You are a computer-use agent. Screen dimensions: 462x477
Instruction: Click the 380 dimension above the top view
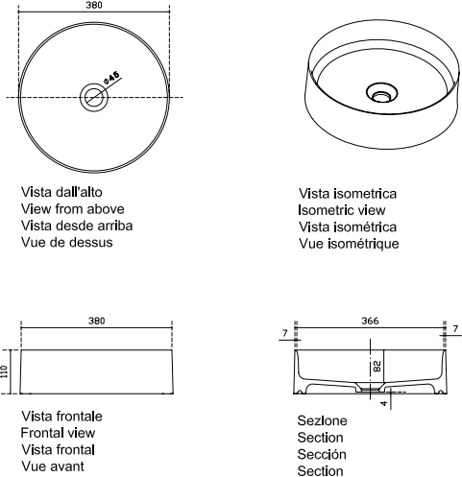point(94,5)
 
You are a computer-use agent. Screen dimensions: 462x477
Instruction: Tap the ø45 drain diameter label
point(111,77)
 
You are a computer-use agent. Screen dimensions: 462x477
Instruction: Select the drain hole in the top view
point(94,98)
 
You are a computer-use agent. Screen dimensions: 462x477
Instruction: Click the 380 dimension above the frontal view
point(96,321)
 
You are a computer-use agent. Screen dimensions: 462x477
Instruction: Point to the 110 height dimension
point(4,371)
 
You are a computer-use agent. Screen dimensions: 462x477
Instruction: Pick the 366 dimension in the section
point(370,321)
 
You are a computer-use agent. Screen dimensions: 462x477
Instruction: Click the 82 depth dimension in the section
point(377,366)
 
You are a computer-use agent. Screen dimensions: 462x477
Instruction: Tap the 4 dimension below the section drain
point(384,403)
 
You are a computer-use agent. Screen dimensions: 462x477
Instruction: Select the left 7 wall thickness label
point(285,333)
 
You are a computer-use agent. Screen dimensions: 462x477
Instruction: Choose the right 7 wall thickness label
point(455,329)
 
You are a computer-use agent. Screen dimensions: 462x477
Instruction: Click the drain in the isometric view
point(381,93)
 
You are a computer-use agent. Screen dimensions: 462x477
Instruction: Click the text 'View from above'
point(73,209)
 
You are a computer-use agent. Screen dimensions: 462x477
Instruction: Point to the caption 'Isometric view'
point(342,210)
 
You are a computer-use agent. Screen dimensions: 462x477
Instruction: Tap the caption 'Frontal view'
point(58,433)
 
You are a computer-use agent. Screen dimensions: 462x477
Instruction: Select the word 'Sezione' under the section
point(322,420)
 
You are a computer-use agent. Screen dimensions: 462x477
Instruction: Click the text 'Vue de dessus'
point(67,242)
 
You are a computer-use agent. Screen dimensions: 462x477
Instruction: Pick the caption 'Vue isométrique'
point(349,244)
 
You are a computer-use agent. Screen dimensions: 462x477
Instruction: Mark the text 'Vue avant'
point(53,466)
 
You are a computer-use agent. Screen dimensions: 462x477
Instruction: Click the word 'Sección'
point(322,454)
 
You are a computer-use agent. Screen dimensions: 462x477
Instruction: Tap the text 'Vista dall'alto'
point(61,192)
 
